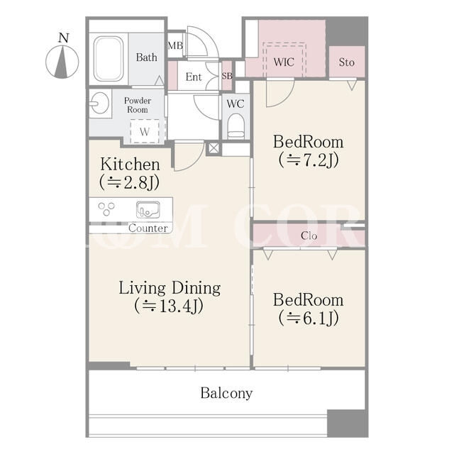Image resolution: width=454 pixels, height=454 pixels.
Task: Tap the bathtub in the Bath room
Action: point(109,59)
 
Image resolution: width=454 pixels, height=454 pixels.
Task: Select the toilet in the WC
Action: point(236,126)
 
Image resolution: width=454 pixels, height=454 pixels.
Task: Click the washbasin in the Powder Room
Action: point(100,104)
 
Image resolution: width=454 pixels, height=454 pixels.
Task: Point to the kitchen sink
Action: point(148,210)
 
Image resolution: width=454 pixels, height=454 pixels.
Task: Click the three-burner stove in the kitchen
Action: point(106,209)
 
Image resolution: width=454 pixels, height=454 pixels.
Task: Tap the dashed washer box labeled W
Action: point(145,131)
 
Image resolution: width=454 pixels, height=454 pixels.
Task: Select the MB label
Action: point(175,45)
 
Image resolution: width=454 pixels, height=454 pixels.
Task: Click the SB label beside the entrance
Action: point(227,76)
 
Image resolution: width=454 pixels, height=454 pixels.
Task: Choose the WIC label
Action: point(284,62)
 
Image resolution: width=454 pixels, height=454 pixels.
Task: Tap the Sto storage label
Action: point(347,62)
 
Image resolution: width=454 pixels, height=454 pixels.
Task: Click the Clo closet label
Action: point(309,236)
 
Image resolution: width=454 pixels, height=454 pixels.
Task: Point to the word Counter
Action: point(148,228)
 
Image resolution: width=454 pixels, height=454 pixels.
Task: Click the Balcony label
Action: point(226,393)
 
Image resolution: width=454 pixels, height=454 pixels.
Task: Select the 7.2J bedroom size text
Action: point(309,160)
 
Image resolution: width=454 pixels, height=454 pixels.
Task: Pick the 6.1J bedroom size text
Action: point(309,318)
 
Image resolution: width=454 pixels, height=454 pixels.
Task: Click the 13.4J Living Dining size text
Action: point(169,306)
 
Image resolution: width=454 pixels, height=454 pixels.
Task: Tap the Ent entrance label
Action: point(194,77)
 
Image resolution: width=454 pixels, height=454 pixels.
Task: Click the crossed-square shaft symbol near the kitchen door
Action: point(214,148)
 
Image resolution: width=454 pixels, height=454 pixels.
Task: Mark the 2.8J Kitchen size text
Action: point(129,182)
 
